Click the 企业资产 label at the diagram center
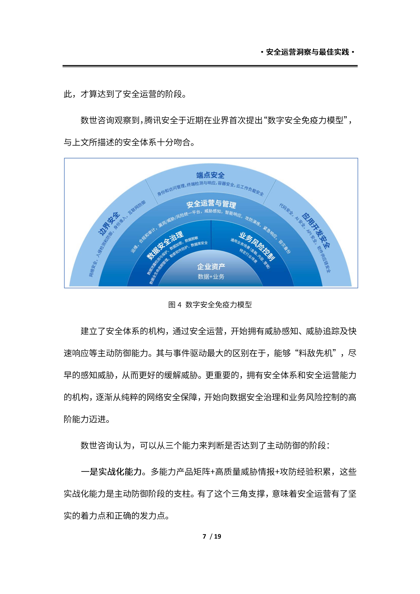(211, 266)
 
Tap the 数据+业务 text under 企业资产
(211, 277)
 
